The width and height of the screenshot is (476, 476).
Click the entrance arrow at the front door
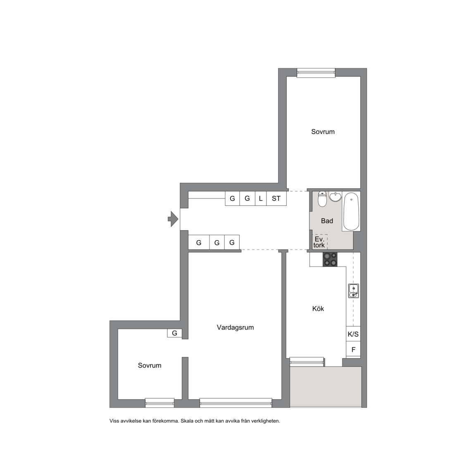[x=173, y=219]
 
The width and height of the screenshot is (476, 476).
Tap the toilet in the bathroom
[x=322, y=199]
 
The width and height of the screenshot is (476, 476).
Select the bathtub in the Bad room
[x=351, y=211]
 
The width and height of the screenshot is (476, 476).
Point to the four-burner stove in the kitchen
[x=330, y=259]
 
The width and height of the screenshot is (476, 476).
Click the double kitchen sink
[x=354, y=291]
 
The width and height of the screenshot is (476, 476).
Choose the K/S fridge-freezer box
[x=353, y=334]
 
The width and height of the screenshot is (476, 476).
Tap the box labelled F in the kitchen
[x=353, y=350]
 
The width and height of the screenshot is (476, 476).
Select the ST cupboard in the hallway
[x=276, y=198]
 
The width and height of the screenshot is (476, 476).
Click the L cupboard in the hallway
[x=260, y=198]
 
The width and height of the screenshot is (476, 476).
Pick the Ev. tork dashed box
[x=320, y=242]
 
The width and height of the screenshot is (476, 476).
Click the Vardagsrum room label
[x=235, y=327]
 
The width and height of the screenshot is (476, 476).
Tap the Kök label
[x=318, y=308]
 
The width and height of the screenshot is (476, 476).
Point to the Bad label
[x=327, y=221]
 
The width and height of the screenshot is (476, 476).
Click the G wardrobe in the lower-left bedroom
[x=174, y=333]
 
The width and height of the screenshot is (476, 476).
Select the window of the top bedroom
[x=316, y=72]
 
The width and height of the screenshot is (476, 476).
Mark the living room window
[x=236, y=403]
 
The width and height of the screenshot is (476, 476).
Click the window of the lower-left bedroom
[x=159, y=403]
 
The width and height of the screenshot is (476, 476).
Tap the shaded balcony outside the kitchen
[x=326, y=387]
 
